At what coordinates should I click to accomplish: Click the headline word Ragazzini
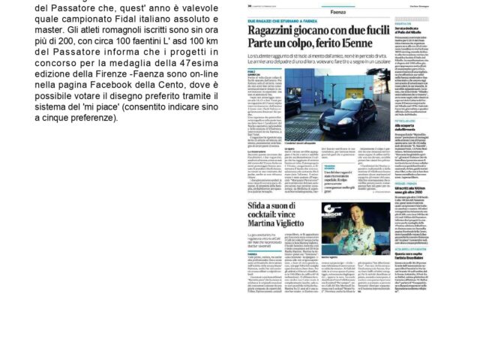pos(272,30)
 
